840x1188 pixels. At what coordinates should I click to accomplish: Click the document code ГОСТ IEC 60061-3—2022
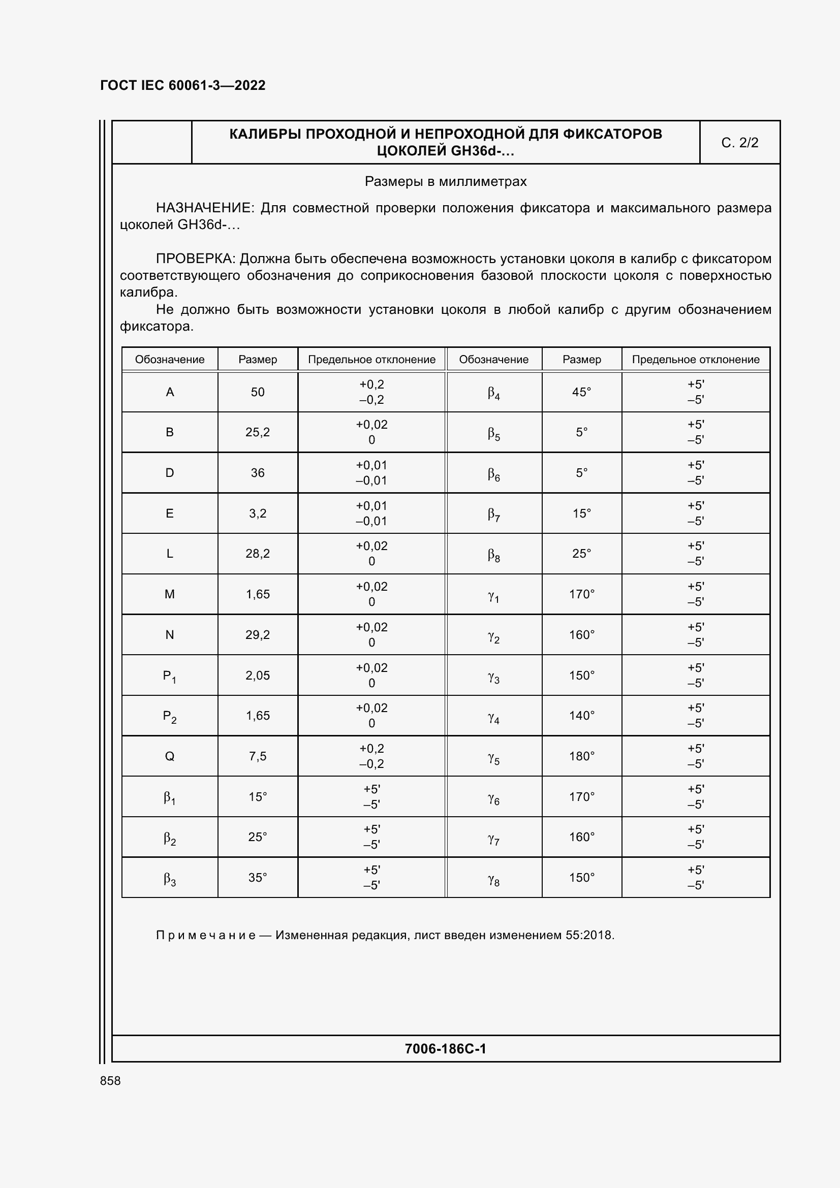click(x=183, y=85)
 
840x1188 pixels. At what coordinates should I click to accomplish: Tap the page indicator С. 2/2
click(x=739, y=143)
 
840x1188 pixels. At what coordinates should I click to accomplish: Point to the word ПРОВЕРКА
click(x=196, y=259)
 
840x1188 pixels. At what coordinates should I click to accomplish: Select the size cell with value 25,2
click(x=257, y=432)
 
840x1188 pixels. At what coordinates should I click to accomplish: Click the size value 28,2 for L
click(x=257, y=554)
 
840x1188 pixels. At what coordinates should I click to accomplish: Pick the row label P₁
click(x=169, y=676)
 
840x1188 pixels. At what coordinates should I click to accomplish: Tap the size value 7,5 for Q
click(x=257, y=756)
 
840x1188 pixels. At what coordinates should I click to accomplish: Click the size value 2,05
click(x=257, y=675)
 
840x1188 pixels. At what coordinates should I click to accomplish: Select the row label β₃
click(x=169, y=879)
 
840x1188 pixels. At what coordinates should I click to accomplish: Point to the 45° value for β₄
click(x=581, y=392)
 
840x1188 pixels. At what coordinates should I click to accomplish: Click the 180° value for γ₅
click(x=581, y=756)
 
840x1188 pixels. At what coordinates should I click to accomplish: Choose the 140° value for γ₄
click(x=581, y=716)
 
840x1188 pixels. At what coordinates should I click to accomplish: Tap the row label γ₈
click(x=493, y=879)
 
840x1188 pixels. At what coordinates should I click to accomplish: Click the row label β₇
click(x=493, y=514)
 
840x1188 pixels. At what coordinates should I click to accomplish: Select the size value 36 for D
click(x=257, y=473)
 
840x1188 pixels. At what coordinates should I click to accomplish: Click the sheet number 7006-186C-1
click(x=445, y=1049)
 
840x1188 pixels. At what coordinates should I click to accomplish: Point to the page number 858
click(x=110, y=1081)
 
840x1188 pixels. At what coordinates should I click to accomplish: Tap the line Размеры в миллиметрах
click(x=445, y=182)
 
